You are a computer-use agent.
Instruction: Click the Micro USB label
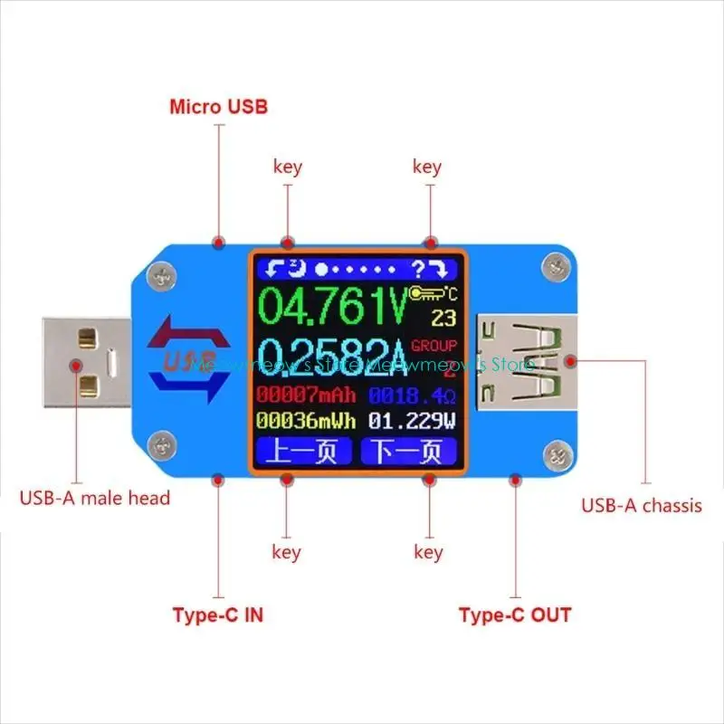point(218,107)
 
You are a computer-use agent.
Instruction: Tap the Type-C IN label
point(217,615)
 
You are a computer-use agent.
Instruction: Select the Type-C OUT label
point(515,615)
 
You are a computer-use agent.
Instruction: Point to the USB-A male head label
point(95,498)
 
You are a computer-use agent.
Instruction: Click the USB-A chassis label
point(642,506)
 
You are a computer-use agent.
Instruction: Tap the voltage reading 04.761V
point(333,307)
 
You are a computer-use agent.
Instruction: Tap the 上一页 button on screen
point(302,451)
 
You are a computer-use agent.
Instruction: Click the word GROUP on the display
point(434,346)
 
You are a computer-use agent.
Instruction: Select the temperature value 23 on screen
point(443,318)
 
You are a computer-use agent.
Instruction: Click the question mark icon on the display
point(418,269)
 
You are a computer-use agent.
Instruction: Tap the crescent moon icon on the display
point(298,269)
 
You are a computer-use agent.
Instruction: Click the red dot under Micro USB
point(218,243)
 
